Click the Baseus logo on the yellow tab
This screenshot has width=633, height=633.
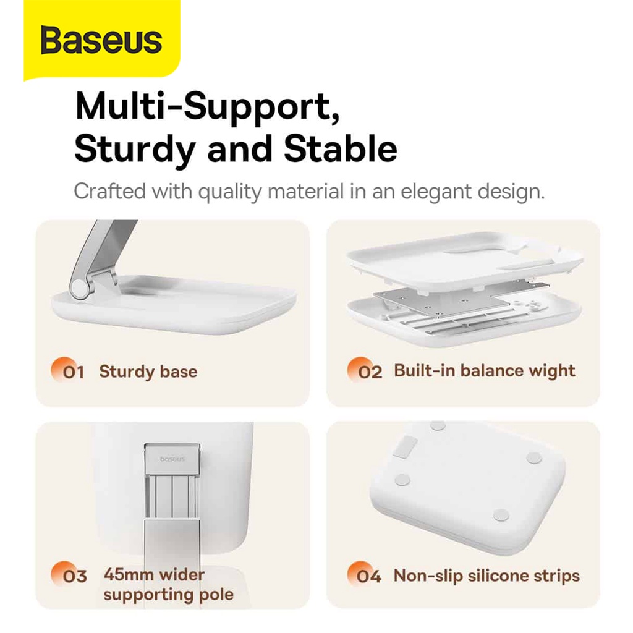coord(101,40)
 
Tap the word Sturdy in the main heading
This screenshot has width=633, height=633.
coord(135,149)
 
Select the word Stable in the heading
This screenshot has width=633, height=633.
coord(341,148)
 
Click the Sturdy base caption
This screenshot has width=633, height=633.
coord(148,372)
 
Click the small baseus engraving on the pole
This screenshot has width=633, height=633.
coord(172,459)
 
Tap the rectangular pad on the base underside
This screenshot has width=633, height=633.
coord(405,447)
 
